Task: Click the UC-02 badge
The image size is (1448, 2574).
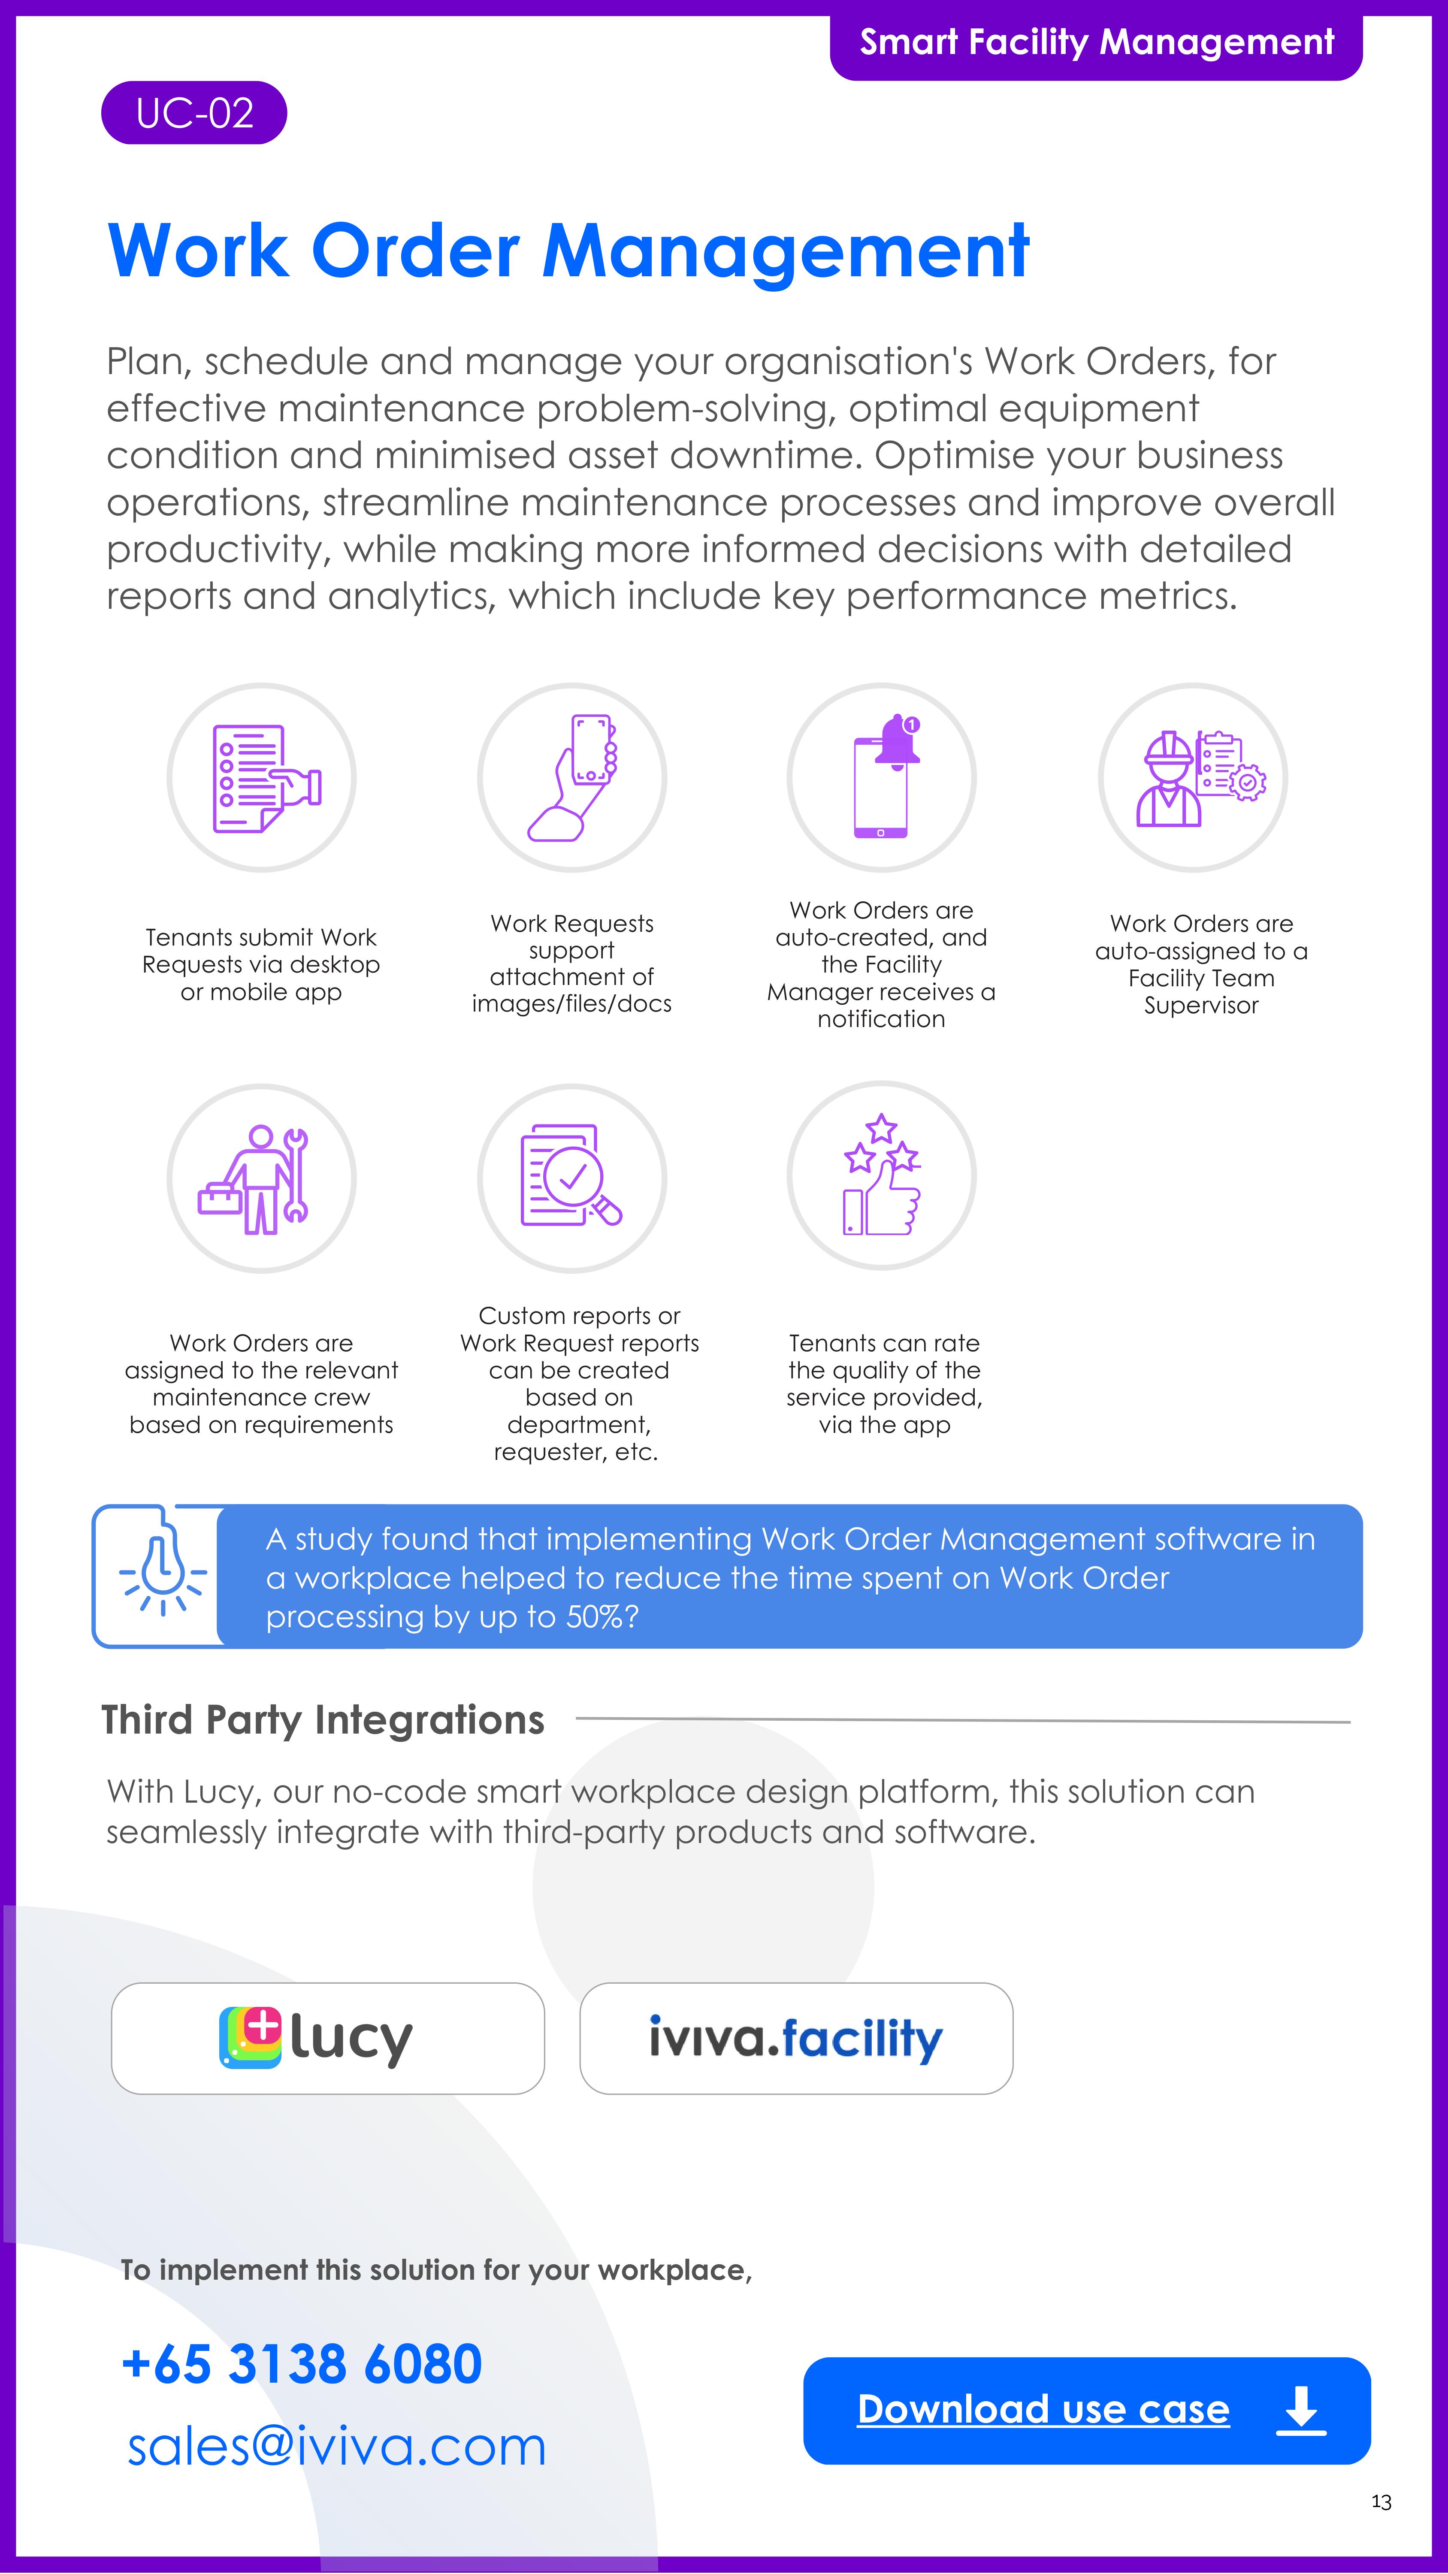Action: click(x=194, y=113)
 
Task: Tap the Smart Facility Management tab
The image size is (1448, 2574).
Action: click(x=1096, y=42)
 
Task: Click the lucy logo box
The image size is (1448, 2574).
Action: click(x=328, y=2039)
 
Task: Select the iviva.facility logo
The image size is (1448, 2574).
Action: click(x=795, y=2039)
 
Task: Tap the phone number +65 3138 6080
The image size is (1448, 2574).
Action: click(x=302, y=2364)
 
